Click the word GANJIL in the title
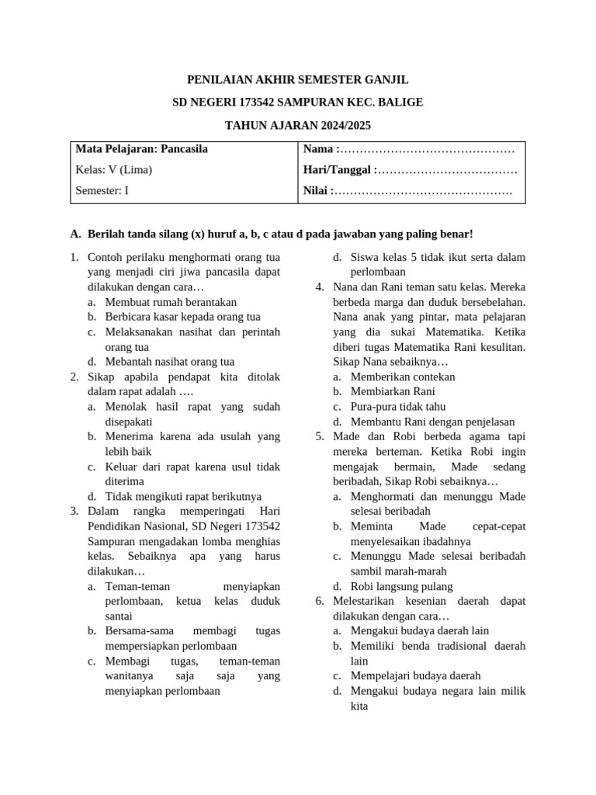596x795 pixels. (x=384, y=80)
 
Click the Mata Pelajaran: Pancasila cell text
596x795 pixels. (x=141, y=149)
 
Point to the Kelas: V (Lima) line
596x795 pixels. (x=114, y=170)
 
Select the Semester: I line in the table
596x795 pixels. (x=102, y=191)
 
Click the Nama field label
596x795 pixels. (x=320, y=149)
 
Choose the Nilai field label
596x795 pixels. (x=318, y=191)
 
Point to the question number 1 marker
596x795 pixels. (x=74, y=257)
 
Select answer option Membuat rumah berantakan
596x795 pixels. (x=171, y=302)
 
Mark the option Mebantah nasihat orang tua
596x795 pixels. (x=169, y=362)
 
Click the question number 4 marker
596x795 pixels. (x=320, y=287)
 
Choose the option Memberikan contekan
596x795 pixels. (x=403, y=377)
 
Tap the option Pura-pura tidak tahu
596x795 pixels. (x=398, y=407)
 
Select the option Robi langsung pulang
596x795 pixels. (x=401, y=586)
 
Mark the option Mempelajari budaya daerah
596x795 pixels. (x=415, y=675)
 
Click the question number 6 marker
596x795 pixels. (x=320, y=601)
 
